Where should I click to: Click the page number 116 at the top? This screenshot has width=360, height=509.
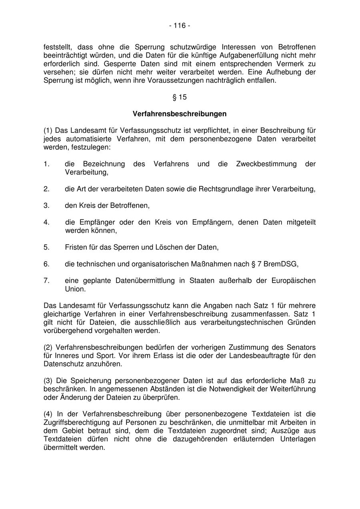click(x=180, y=26)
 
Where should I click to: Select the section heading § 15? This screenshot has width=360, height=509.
click(x=180, y=97)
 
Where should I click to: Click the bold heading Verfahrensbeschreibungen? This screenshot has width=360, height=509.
click(x=180, y=114)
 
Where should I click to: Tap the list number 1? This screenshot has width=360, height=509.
click(x=46, y=164)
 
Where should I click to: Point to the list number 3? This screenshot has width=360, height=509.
click(x=46, y=206)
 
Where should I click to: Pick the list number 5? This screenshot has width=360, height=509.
click(x=46, y=248)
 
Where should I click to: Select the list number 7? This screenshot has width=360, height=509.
click(x=46, y=281)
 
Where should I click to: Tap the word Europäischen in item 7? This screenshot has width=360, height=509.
click(x=294, y=281)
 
